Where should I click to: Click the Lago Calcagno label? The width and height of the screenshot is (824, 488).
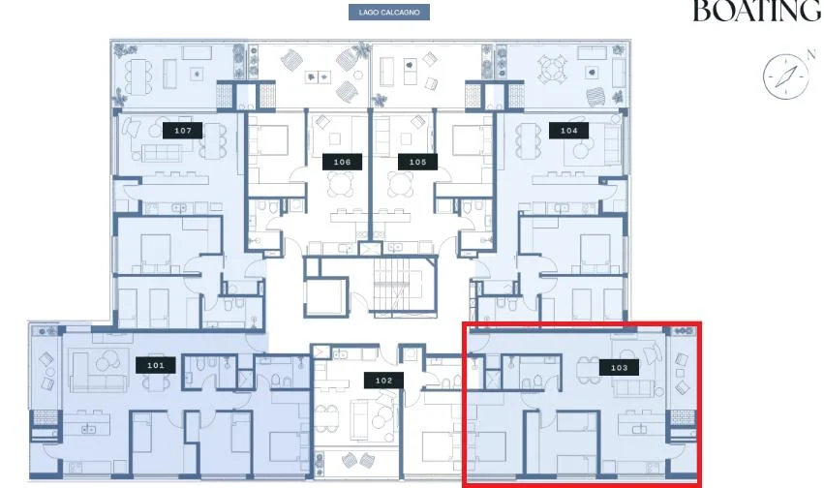click(389, 12)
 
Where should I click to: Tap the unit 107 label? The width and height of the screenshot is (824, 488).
click(182, 131)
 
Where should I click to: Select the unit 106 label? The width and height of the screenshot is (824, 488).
click(342, 162)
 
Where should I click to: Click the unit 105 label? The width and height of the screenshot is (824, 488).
click(417, 162)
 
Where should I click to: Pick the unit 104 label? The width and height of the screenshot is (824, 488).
click(568, 131)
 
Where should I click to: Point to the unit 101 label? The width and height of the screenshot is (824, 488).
click(156, 365)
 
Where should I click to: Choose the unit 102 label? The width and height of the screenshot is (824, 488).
click(383, 381)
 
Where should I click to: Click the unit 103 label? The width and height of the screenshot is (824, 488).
click(619, 368)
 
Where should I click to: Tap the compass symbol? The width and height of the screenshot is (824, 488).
click(785, 76)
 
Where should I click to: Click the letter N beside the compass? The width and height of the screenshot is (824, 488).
click(810, 53)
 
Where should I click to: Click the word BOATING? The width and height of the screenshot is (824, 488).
click(757, 11)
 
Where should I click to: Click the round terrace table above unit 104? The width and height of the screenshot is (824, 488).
click(551, 70)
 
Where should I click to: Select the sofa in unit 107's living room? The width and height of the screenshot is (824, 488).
click(163, 152)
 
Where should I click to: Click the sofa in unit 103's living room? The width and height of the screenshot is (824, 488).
click(634, 388)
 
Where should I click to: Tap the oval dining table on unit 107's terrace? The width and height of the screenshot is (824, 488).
click(139, 76)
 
